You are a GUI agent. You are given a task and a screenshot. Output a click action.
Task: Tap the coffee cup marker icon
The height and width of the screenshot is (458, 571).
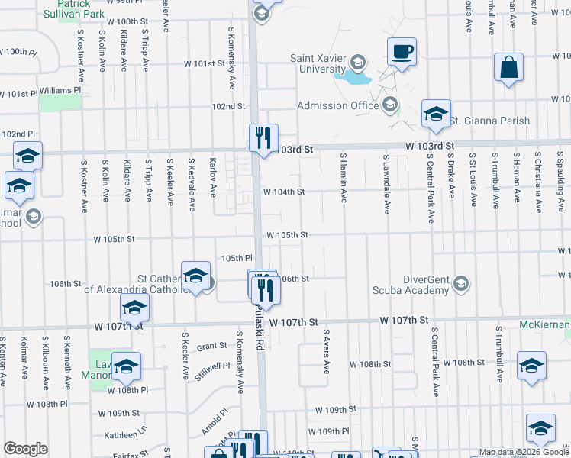(402, 52)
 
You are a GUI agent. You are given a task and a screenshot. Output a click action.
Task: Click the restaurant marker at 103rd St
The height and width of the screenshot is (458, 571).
(263, 138)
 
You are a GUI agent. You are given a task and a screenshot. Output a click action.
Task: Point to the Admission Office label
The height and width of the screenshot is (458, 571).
(337, 105)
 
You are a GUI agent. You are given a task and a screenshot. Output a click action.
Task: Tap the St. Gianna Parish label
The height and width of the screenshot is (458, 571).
(485, 121)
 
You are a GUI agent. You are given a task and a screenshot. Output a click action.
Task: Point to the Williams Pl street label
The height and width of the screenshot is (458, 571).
(60, 90)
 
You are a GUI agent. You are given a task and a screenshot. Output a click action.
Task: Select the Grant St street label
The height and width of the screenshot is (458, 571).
(211, 346)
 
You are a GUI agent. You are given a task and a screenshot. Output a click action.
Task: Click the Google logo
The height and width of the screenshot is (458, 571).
(25, 449)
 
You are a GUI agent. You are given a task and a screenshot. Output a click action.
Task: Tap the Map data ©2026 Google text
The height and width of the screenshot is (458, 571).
(524, 452)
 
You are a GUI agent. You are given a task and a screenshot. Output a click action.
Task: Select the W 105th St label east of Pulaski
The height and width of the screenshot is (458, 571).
(286, 235)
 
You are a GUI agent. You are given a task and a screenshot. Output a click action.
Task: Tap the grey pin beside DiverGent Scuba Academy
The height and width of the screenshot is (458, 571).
(460, 284)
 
